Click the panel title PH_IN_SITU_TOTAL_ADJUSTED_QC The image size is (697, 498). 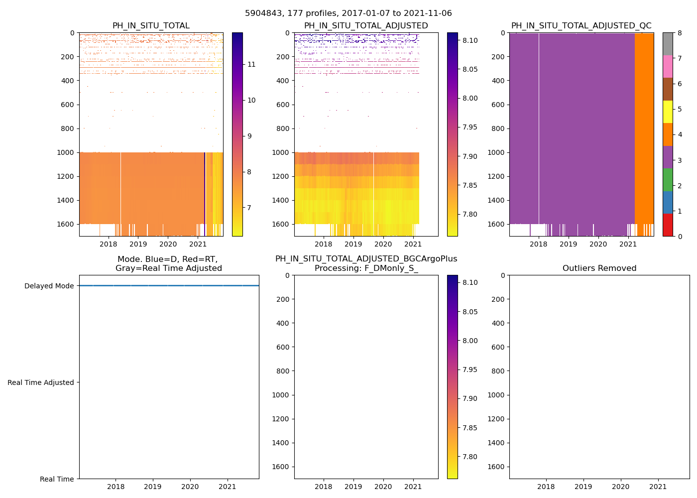click(581, 26)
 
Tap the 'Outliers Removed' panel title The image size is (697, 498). click(599, 268)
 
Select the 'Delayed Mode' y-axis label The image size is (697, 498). click(49, 286)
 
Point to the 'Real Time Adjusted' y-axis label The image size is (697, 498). click(40, 382)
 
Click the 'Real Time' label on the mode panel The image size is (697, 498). click(57, 479)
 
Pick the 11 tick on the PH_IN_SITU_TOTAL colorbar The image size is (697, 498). click(251, 64)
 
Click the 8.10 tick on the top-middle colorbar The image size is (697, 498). click(470, 40)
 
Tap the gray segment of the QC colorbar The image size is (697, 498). click(668, 44)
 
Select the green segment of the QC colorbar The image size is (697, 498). click(668, 179)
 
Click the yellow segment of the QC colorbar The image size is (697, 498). click(668, 112)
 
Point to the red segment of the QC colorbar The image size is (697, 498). click(668, 225)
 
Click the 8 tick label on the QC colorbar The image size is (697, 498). click(680, 33)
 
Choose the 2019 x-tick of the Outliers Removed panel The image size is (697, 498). click(583, 487)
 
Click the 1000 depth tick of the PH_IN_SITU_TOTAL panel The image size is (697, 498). click(67, 152)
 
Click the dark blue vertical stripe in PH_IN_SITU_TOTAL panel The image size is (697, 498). click(205, 189)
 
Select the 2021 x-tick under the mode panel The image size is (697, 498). click(228, 487)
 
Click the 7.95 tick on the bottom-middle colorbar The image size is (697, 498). click(470, 370)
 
